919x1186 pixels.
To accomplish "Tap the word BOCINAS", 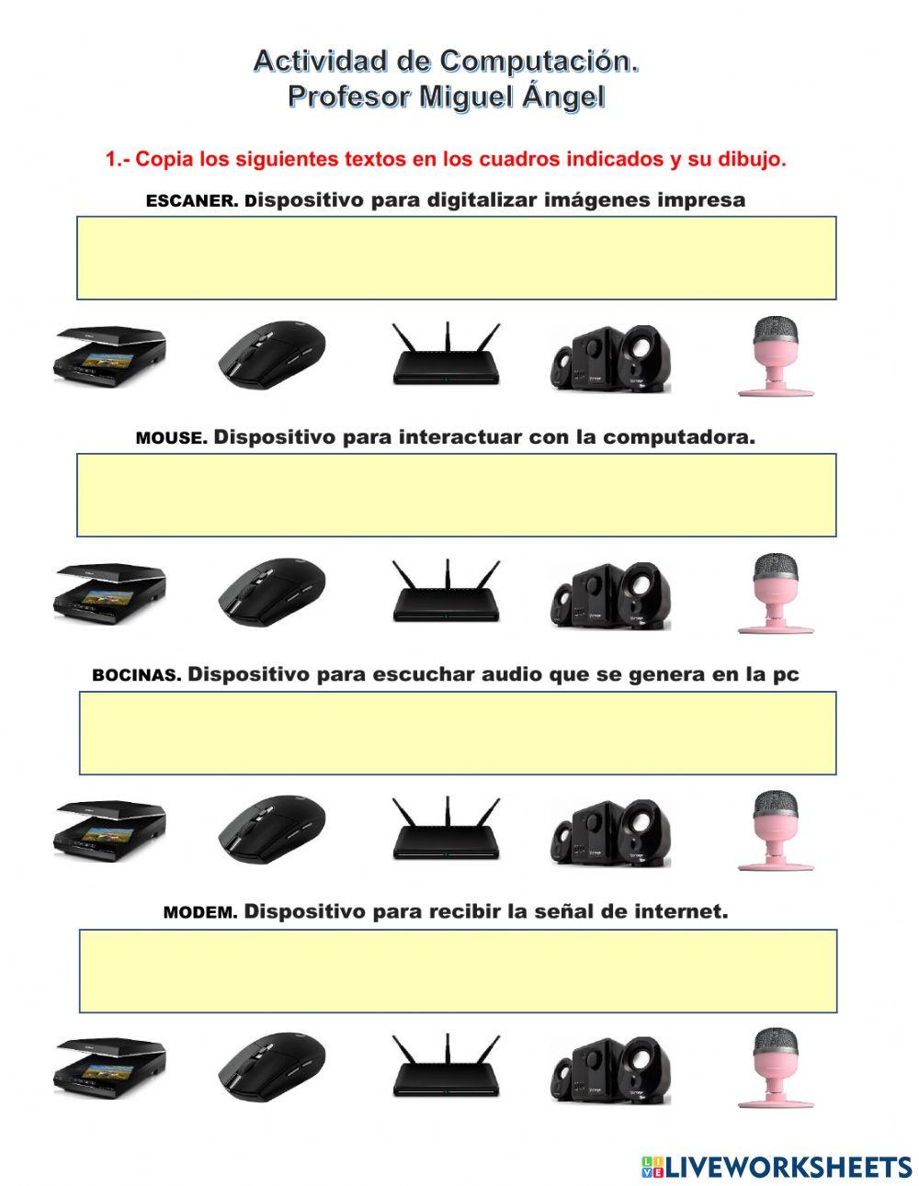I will pos(136,675).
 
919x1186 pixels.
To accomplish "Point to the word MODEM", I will pos(200,912).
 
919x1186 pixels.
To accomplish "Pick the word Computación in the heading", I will pos(539,61).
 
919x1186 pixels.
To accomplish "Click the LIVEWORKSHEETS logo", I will pos(776,1167).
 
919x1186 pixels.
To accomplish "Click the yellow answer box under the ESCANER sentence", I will pos(456,258).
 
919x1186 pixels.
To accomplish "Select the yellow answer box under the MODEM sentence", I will pos(458,971).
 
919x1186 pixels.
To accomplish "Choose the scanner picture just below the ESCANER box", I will pos(109,355).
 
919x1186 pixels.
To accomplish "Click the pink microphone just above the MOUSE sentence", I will pos(776,356).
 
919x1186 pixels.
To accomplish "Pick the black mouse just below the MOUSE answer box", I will pos(272,591).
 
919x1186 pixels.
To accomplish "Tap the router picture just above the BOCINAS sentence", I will pos(447,590).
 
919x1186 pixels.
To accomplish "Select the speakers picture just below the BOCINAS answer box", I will pos(610,831).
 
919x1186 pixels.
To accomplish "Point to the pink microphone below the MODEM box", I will pos(776,1067).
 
